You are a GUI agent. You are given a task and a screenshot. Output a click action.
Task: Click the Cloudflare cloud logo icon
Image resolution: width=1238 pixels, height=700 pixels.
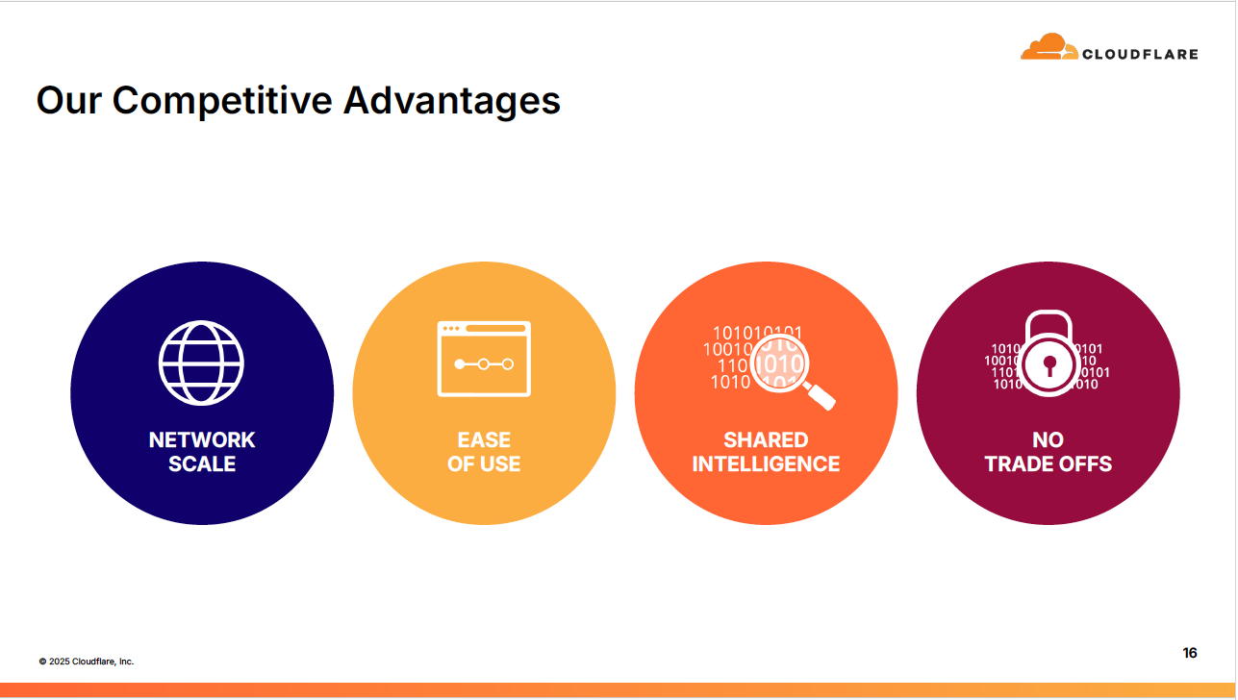click(x=1049, y=48)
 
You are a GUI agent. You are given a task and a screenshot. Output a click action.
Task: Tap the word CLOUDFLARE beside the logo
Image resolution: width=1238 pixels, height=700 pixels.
click(x=1140, y=54)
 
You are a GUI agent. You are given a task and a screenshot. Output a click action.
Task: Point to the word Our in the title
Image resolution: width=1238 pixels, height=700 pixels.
click(x=68, y=100)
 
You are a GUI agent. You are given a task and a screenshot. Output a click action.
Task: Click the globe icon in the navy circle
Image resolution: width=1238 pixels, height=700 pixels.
click(x=201, y=362)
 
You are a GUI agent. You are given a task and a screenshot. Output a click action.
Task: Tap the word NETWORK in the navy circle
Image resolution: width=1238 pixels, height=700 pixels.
click(x=202, y=439)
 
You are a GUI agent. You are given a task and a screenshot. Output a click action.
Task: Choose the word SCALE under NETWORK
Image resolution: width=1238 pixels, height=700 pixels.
click(x=202, y=463)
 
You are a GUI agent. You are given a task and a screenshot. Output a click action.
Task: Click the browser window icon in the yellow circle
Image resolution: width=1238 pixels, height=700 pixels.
click(x=484, y=359)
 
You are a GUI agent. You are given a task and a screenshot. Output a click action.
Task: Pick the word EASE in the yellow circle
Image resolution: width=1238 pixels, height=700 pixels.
click(x=484, y=439)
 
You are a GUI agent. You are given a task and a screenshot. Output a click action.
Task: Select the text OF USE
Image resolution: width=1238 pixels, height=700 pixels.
click(x=484, y=463)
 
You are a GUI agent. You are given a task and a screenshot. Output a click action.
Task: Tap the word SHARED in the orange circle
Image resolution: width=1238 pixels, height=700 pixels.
click(x=766, y=439)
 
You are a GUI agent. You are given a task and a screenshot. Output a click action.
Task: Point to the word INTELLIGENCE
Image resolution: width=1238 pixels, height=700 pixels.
click(x=766, y=463)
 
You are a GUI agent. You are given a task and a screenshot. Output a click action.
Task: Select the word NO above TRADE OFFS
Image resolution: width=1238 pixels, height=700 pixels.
click(x=1048, y=439)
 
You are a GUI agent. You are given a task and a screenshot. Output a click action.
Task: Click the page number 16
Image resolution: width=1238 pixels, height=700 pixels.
click(x=1190, y=653)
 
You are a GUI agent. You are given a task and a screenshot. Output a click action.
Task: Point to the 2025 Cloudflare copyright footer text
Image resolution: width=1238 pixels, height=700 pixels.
click(x=87, y=662)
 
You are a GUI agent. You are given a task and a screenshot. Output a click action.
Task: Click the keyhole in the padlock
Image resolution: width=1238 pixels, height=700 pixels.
click(x=1049, y=364)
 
